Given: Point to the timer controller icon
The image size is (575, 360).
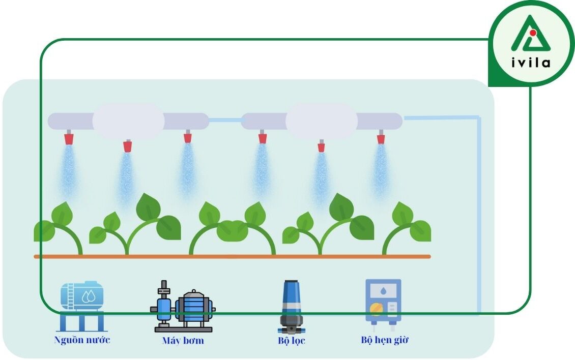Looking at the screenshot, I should tap(383, 302).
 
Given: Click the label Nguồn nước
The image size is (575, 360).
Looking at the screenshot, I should tap(82, 340).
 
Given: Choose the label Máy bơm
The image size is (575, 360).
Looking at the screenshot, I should tap(183, 340).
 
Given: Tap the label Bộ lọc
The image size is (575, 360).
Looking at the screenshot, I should tap(292, 340).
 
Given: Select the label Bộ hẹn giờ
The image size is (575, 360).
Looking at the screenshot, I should tap(384, 340).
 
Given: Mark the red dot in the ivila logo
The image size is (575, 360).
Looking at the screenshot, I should tap(532, 33).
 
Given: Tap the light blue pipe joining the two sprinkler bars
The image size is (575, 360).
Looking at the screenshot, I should tap(225, 121).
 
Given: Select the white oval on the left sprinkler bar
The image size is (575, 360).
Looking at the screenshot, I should tap(128, 121).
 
